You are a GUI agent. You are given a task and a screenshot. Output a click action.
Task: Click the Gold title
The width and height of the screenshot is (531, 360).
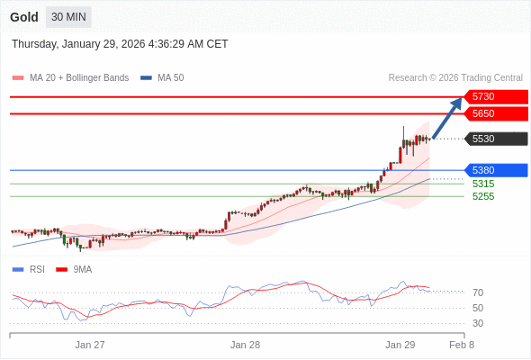(24, 17)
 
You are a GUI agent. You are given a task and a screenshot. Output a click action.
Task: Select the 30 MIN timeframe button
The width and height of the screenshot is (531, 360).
(68, 17)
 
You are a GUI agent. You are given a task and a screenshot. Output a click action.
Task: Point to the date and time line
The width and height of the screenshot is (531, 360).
(120, 44)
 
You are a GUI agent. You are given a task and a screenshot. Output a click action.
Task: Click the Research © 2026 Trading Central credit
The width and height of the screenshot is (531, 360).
(455, 78)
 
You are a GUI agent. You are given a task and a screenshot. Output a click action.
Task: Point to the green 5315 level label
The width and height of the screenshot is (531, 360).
(483, 184)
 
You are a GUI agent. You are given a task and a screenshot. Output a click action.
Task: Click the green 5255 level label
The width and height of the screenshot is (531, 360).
(483, 196)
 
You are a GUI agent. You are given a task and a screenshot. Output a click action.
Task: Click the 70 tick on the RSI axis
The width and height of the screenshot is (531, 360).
(478, 292)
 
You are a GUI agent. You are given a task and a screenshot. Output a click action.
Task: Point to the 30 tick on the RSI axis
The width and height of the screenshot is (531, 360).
(478, 323)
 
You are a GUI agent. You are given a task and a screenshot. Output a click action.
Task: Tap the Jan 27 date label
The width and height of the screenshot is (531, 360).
(90, 345)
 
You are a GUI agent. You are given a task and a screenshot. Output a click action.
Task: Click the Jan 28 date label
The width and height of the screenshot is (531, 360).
(245, 345)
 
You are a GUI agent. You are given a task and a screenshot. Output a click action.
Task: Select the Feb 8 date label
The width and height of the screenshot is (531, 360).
(462, 345)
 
